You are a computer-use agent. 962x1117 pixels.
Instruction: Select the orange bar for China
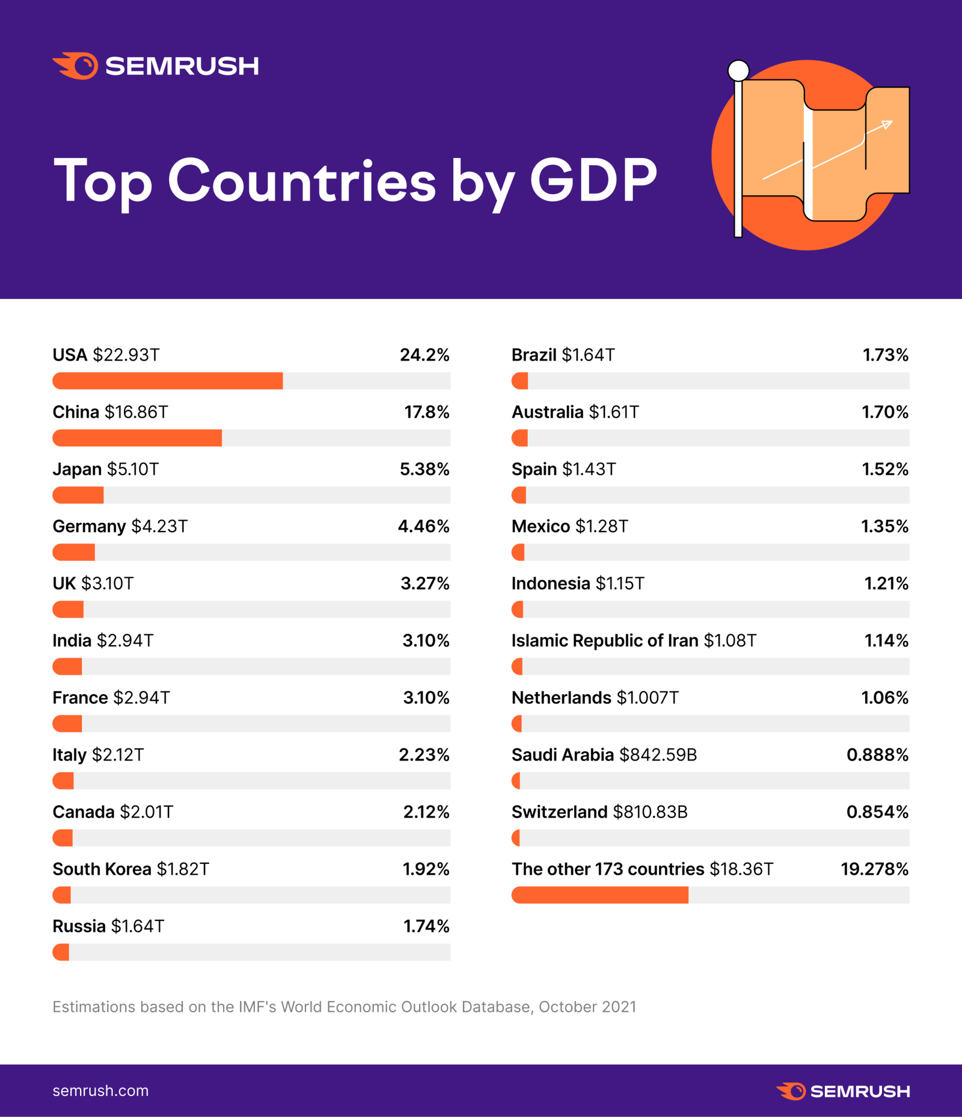coord(137,438)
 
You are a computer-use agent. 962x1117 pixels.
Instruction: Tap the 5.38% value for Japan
coord(424,469)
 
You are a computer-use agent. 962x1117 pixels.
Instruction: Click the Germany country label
coord(89,526)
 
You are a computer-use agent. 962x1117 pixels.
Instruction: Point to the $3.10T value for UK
coord(108,583)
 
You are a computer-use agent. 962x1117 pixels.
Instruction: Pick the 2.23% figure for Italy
coord(424,754)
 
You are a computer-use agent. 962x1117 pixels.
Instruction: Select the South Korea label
coord(102,869)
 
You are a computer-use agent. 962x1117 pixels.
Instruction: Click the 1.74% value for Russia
coord(426,926)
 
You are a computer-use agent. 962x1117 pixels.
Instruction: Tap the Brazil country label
coord(534,355)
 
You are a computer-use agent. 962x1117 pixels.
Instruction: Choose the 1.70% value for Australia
coord(885,412)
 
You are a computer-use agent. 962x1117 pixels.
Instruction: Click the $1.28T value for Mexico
coord(602,526)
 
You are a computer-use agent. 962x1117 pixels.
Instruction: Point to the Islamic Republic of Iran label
coord(605,640)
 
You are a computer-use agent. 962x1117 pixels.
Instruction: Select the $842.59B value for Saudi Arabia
coord(658,754)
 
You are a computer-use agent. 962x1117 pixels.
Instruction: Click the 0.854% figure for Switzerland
coord(877,812)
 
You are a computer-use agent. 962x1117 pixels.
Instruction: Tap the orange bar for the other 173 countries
coord(600,895)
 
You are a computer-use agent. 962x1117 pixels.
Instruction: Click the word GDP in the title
coord(593,180)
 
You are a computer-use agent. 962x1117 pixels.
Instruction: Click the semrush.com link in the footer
coord(100,1091)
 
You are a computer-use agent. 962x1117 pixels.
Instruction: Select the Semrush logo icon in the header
coord(76,66)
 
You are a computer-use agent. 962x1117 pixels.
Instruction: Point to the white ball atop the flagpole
coord(738,70)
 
